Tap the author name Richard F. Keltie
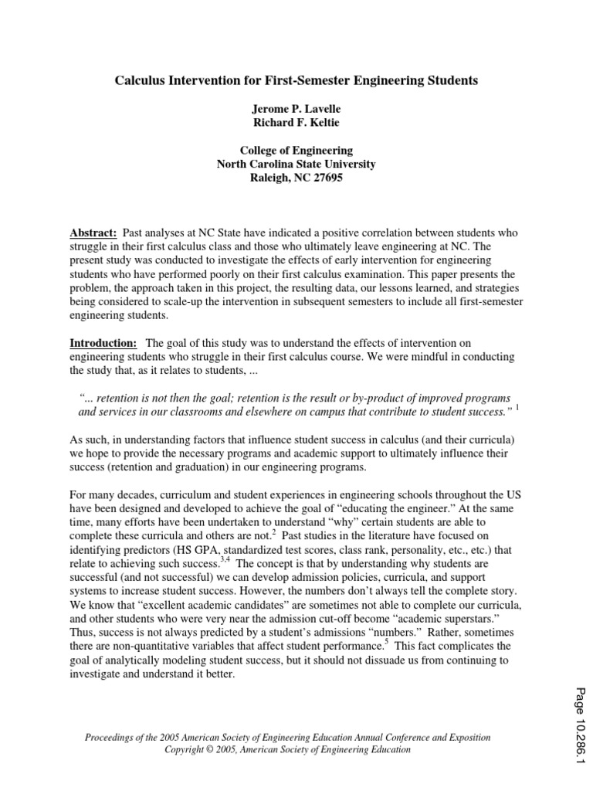coord(296,124)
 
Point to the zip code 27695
coord(327,178)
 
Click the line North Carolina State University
coord(296,165)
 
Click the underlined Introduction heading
coord(103,342)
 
